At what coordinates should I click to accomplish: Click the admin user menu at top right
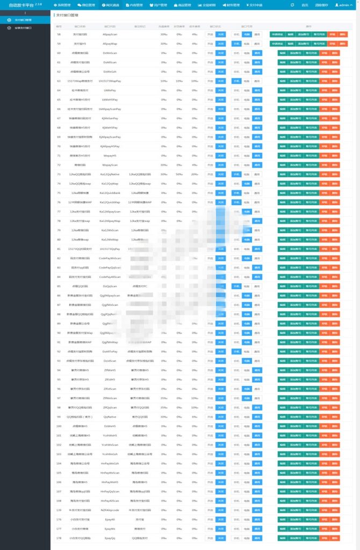(x=344, y=5)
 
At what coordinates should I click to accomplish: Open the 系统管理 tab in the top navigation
(x=63, y=5)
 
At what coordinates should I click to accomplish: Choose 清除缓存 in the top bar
(x=322, y=5)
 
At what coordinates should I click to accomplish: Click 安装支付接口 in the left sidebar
(x=23, y=27)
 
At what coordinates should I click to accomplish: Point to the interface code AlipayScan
(x=110, y=34)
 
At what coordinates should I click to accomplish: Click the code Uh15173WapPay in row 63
(x=110, y=81)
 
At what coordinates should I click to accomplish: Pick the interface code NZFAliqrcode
(x=110, y=510)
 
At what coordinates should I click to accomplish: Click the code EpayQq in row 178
(x=110, y=538)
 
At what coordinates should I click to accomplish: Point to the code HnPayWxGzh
(x=110, y=463)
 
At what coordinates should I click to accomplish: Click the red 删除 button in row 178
(x=335, y=538)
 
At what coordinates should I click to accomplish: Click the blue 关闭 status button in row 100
(x=221, y=425)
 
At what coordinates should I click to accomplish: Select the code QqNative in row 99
(x=110, y=416)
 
